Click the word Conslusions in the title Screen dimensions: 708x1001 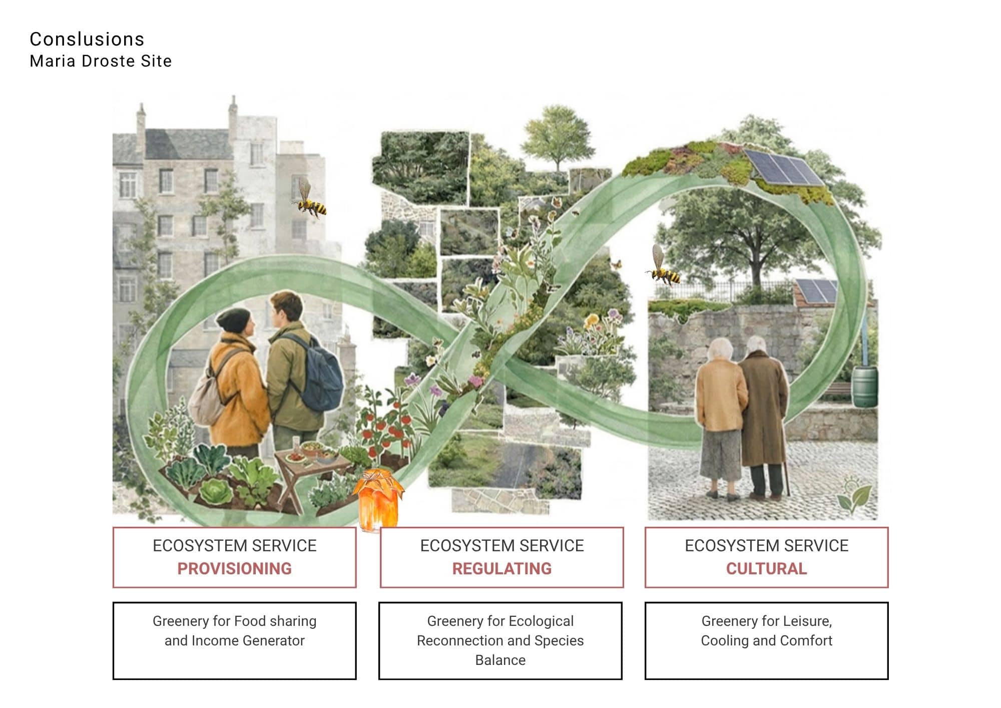(87, 39)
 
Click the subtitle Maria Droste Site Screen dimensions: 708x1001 (101, 61)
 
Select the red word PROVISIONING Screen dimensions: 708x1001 (234, 568)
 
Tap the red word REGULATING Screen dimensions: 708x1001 (502, 568)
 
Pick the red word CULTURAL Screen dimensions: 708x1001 (766, 568)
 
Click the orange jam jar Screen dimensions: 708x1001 (378, 498)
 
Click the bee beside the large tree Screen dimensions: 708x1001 (663, 268)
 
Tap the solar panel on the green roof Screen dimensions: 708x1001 (782, 167)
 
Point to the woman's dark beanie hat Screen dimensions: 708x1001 (234, 319)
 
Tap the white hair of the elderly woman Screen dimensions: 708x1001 (719, 348)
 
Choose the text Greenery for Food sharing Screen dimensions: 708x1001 (234, 621)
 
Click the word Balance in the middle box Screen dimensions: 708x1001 (500, 660)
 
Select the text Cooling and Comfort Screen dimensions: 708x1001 (766, 640)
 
